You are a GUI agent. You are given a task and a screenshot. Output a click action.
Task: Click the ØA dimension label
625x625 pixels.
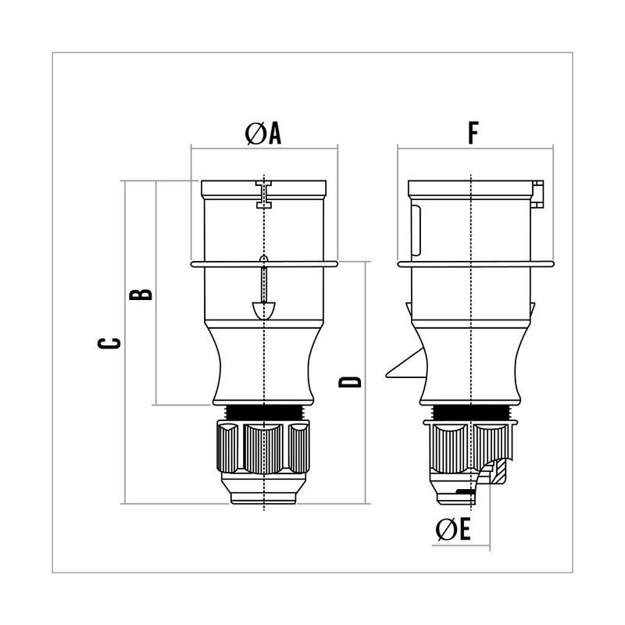coord(263,134)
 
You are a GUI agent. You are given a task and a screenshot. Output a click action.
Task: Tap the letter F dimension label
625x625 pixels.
coord(473,133)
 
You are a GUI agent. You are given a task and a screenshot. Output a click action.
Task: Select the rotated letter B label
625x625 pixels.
coord(141,295)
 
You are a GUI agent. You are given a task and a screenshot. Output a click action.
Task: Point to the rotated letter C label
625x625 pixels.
coord(109,343)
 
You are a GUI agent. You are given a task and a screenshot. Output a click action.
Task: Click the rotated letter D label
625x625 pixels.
coord(349,382)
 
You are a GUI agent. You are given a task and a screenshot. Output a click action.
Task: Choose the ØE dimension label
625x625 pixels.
coord(453,530)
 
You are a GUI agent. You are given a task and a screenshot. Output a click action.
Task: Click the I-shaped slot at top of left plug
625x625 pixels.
coord(264,194)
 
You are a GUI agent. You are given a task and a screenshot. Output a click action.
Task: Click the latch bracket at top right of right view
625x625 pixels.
coord(537,194)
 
